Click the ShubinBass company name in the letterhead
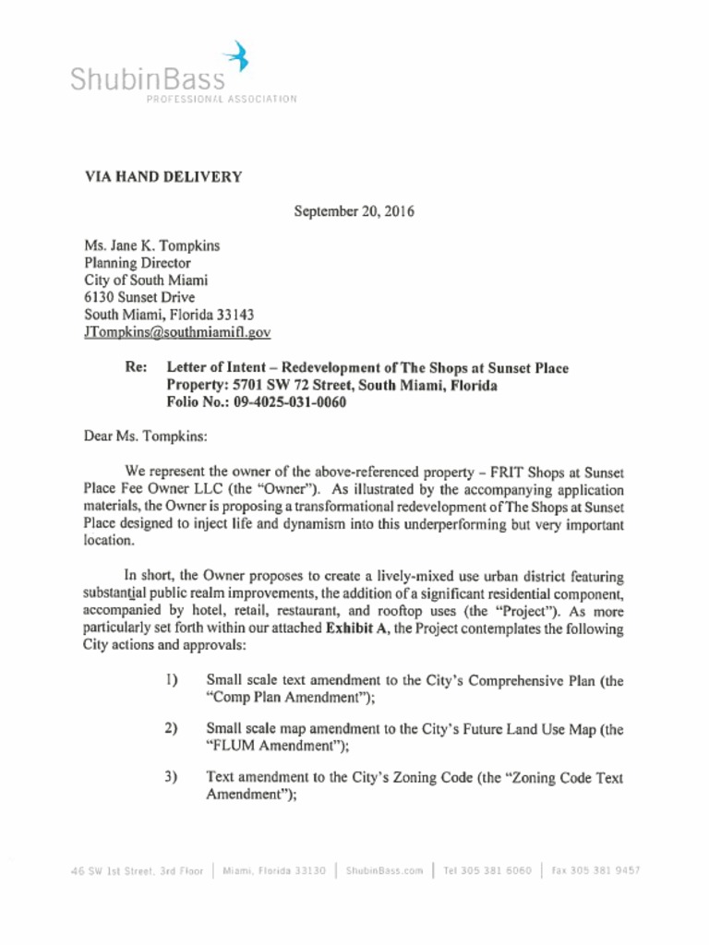coord(148,80)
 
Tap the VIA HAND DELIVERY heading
coord(163,177)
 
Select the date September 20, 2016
coord(354,211)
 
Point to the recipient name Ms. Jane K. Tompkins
coord(152,245)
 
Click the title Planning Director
coord(138,263)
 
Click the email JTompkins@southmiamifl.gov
coord(177,332)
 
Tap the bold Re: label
coord(136,367)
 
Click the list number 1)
coord(172,680)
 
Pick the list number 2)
coord(172,727)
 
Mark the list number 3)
coord(172,776)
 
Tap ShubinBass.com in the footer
coord(384,870)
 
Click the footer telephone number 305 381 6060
coord(497,870)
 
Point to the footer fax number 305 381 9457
coord(605,870)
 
